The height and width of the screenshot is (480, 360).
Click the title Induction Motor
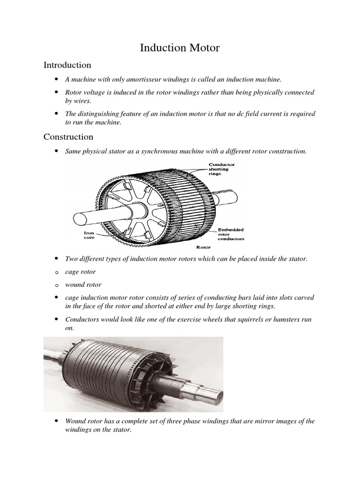click(x=180, y=48)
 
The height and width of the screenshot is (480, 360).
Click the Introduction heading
click(x=67, y=65)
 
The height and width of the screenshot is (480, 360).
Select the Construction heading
click(x=68, y=137)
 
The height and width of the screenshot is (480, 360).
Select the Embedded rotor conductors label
click(x=231, y=234)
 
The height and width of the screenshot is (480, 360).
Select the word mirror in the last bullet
click(x=264, y=421)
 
